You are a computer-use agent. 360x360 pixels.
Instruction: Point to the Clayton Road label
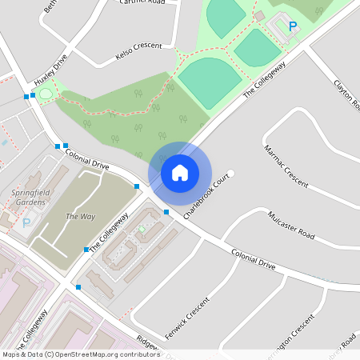click(x=345, y=92)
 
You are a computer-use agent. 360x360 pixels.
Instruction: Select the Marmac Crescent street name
click(x=286, y=165)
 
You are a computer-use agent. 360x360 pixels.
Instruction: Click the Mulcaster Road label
click(x=292, y=226)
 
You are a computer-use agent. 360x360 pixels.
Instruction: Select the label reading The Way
click(x=80, y=217)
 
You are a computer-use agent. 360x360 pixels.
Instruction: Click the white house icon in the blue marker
click(x=180, y=173)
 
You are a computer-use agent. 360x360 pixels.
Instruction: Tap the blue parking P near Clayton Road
click(x=293, y=27)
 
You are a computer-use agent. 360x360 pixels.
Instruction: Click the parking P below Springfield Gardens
click(x=26, y=223)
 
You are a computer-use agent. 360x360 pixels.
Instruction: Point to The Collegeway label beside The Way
click(x=110, y=233)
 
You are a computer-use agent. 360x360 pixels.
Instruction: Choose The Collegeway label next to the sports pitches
click(x=264, y=82)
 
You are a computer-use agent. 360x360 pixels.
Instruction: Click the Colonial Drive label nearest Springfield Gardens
click(x=86, y=158)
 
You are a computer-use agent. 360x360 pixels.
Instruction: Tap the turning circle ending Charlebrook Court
click(x=232, y=173)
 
